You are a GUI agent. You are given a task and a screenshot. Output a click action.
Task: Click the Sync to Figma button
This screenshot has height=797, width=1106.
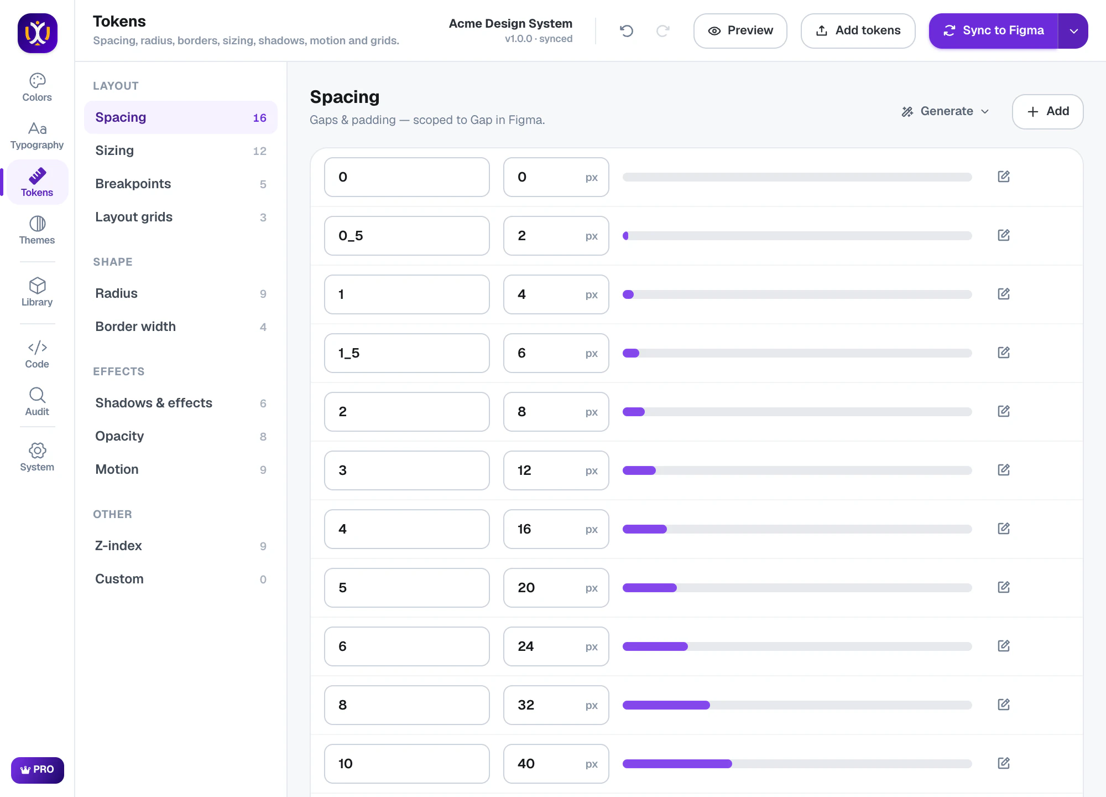pyautogui.click(x=993, y=31)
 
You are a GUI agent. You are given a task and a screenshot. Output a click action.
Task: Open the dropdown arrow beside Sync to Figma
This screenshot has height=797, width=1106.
pyautogui.click(x=1073, y=31)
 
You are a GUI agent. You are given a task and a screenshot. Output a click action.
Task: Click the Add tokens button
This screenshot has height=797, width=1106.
pyautogui.click(x=858, y=31)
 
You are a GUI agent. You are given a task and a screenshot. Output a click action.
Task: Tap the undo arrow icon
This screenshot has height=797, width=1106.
pyautogui.click(x=627, y=31)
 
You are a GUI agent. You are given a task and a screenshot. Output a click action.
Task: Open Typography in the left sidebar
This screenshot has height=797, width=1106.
pyautogui.click(x=37, y=136)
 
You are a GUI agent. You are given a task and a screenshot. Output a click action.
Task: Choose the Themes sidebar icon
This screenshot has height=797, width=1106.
pyautogui.click(x=37, y=230)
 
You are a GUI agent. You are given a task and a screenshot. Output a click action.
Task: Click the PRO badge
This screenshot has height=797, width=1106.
pyautogui.click(x=38, y=770)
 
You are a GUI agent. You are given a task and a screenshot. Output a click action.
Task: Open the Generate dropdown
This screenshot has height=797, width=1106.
pyautogui.click(x=946, y=111)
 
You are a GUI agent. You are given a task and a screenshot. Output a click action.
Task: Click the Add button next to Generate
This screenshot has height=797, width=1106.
pyautogui.click(x=1047, y=112)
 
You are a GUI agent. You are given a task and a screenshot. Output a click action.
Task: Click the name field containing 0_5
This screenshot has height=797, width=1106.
pyautogui.click(x=407, y=236)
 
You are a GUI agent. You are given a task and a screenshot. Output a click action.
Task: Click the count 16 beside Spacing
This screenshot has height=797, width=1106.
pyautogui.click(x=259, y=118)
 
